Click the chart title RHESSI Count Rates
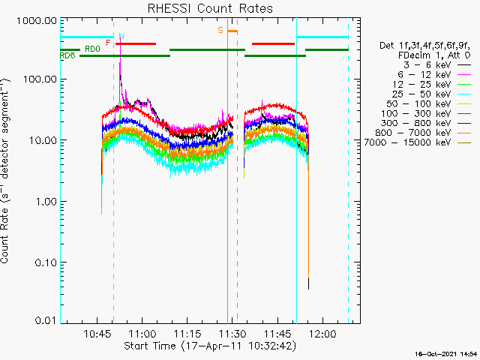209,9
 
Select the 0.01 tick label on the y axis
44,320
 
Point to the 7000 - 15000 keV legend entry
416,142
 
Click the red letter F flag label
109,43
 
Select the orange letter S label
220,30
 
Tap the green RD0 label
92,49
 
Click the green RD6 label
67,55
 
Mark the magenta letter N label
121,36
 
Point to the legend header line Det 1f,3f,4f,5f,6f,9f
425,45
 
